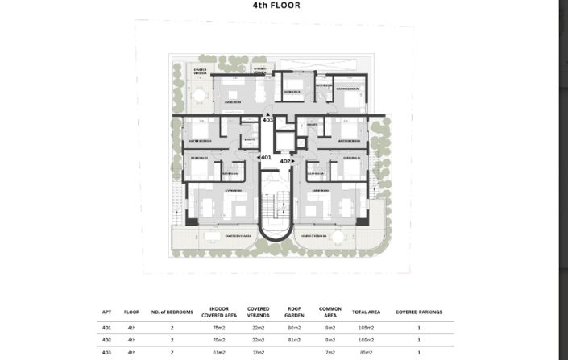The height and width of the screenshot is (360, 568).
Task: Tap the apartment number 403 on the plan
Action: coord(268,120)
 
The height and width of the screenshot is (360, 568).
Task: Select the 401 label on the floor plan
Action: coord(264,158)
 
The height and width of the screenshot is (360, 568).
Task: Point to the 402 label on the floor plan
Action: coord(285,161)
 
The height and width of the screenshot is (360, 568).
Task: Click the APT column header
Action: coord(106,312)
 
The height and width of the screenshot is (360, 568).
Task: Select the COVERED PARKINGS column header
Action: coord(418,312)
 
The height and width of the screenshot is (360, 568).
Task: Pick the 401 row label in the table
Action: coord(106,329)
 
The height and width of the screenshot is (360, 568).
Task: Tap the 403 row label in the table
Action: coord(106,352)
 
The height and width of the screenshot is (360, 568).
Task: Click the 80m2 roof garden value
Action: coord(294,329)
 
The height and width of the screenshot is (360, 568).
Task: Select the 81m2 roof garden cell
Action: coord(294,341)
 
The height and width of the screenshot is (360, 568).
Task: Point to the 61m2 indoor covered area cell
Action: coord(218,352)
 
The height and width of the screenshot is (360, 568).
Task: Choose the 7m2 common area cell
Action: coord(329,352)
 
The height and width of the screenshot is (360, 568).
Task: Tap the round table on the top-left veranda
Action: coord(198,96)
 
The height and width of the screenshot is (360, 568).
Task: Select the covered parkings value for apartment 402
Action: coord(418,341)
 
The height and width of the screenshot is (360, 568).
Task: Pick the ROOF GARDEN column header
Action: coord(294,312)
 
